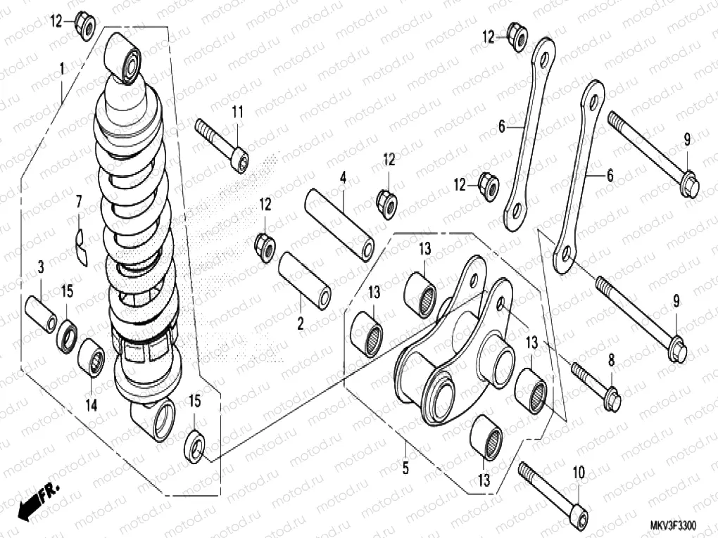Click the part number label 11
tap(237, 111)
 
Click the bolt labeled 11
tap(221, 144)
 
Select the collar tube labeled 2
tap(305, 279)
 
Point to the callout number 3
tap(41, 267)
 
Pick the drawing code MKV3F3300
tap(672, 525)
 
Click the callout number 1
tap(62, 69)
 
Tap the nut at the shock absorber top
tap(84, 26)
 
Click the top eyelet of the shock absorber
tap(124, 58)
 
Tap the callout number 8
tap(611, 360)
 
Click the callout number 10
tap(579, 473)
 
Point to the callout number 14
tap(92, 405)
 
